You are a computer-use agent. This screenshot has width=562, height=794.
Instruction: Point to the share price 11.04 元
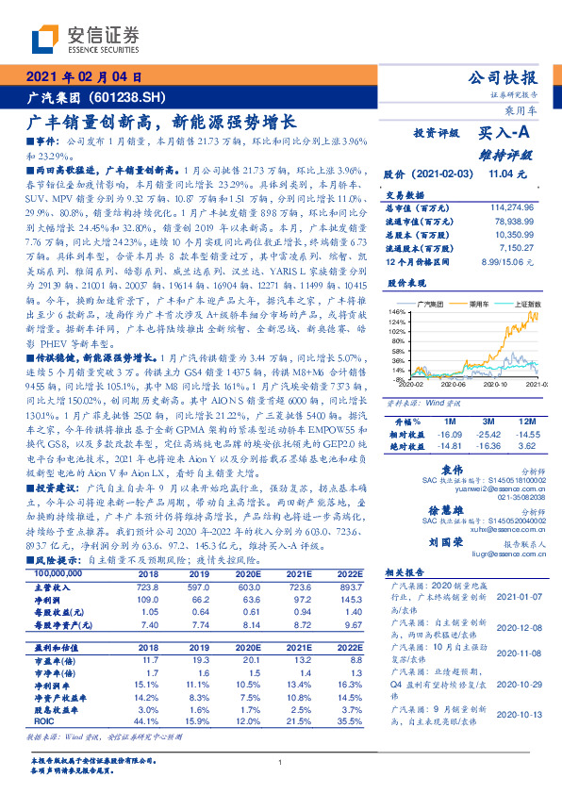[501, 174]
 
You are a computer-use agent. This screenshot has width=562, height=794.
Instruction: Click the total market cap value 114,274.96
[518, 207]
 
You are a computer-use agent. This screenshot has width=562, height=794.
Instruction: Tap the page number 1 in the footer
[281, 763]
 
